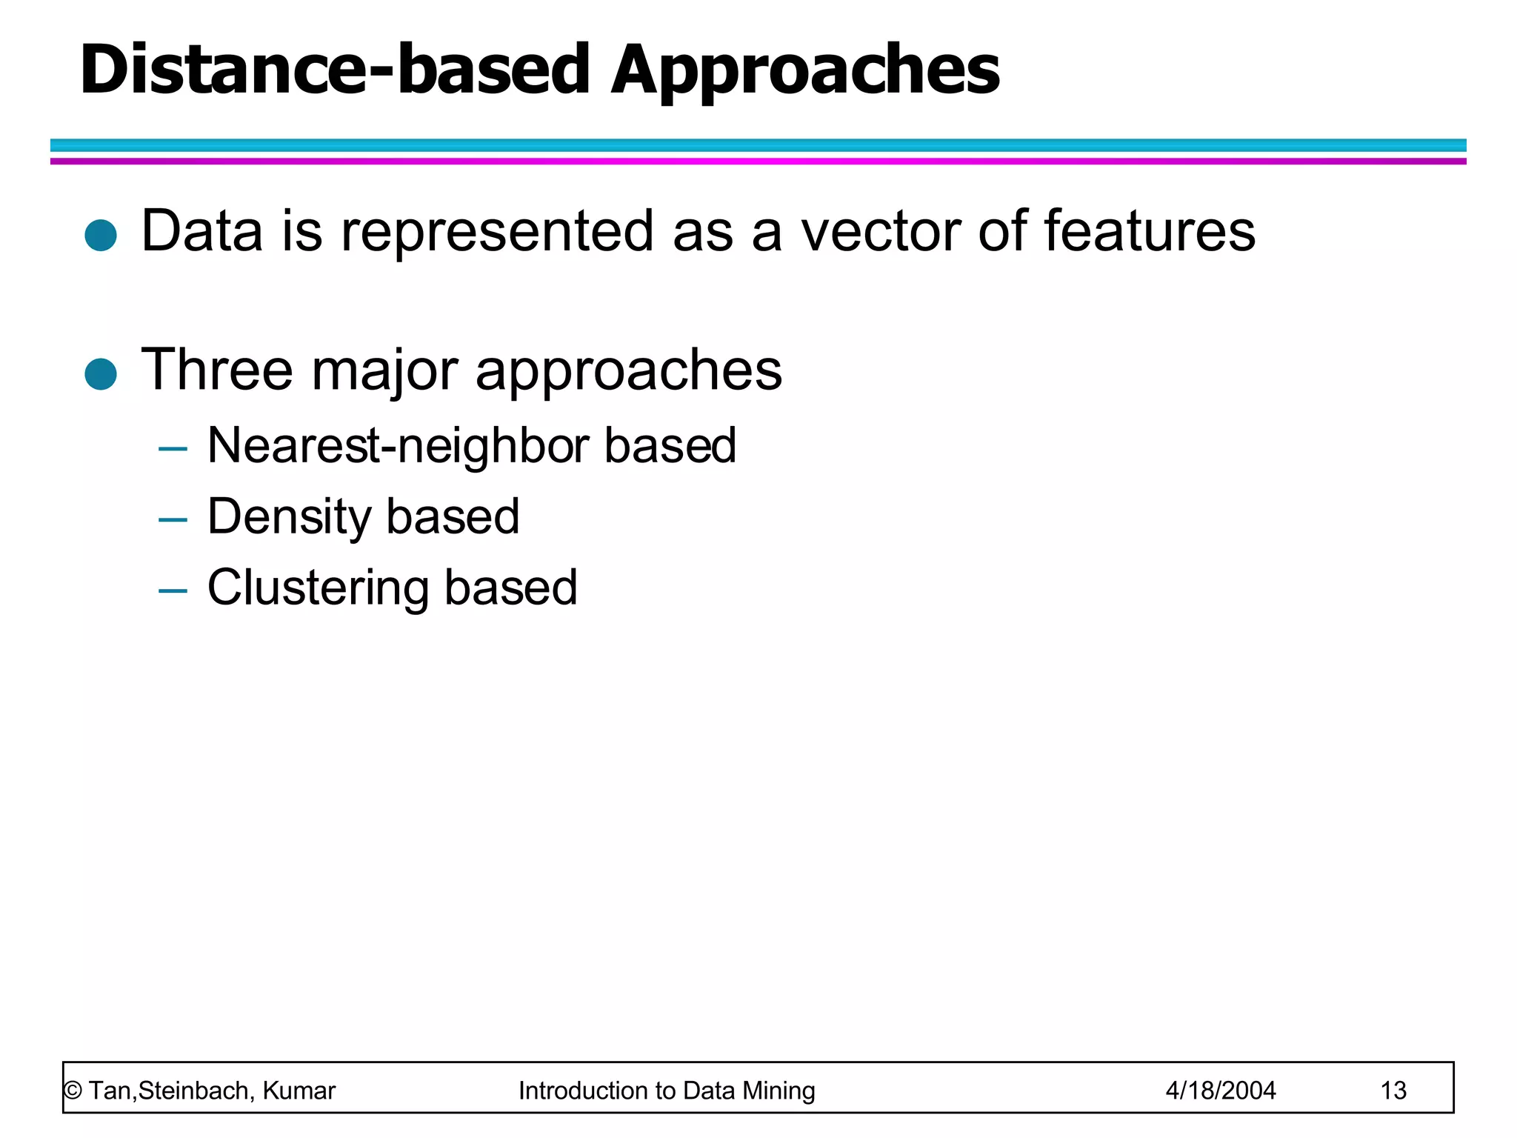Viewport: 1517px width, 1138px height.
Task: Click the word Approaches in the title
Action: pyautogui.click(x=804, y=71)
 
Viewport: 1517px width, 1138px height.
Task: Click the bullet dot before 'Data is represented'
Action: pyautogui.click(x=101, y=236)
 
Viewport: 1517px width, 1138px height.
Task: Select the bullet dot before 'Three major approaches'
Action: pyautogui.click(x=101, y=374)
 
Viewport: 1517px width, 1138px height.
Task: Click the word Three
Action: pyautogui.click(x=217, y=370)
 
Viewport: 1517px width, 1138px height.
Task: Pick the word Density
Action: pyautogui.click(x=289, y=518)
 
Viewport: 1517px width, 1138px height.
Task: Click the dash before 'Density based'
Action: pyautogui.click(x=173, y=520)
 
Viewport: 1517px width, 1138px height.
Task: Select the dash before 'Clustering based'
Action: pyautogui.click(x=173, y=591)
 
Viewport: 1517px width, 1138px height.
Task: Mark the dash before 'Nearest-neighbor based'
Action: pyautogui.click(x=173, y=449)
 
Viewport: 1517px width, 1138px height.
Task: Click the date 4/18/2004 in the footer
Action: pyautogui.click(x=1220, y=1091)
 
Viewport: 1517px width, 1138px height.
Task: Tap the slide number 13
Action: pyautogui.click(x=1393, y=1091)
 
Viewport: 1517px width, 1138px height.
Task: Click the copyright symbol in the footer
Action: pyautogui.click(x=73, y=1091)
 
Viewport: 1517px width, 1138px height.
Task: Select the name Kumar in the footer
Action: pyautogui.click(x=299, y=1091)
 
